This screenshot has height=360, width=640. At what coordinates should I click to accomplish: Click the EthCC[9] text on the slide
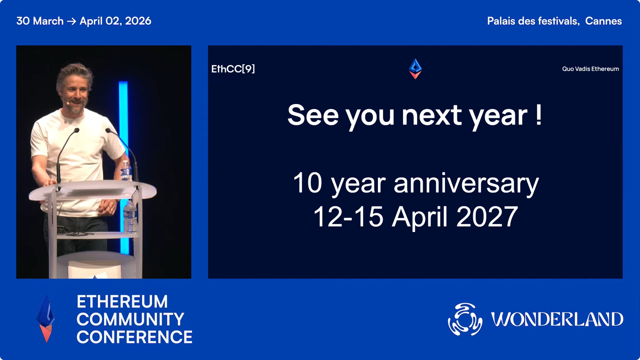[233, 69]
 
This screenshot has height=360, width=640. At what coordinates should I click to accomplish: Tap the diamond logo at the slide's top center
[415, 69]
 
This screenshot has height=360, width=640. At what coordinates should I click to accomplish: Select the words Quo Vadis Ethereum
[590, 69]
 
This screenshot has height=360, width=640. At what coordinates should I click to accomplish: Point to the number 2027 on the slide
[487, 216]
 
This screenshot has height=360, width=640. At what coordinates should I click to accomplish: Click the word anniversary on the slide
[466, 183]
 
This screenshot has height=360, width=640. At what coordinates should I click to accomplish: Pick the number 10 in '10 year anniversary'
[307, 183]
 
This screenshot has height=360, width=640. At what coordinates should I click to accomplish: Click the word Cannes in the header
[603, 21]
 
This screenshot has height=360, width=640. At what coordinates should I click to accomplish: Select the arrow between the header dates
[72, 21]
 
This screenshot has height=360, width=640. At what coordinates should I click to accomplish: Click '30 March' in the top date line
[40, 21]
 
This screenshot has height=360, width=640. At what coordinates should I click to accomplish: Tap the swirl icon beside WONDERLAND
[465, 319]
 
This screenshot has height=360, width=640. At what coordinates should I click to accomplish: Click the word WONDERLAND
[557, 319]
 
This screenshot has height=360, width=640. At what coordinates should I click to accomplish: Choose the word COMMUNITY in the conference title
[130, 319]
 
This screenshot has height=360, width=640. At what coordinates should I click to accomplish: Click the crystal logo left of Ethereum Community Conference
[46, 318]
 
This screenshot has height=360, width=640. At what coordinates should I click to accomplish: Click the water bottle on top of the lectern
[126, 171]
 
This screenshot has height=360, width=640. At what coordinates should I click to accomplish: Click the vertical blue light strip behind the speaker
[123, 166]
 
